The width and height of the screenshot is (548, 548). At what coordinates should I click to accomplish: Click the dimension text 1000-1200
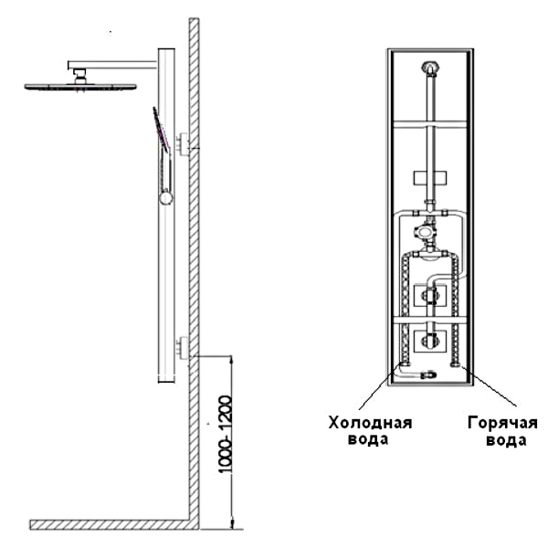225,435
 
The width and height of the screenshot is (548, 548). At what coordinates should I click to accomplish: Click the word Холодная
370,423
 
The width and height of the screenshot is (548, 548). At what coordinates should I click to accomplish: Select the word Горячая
502,423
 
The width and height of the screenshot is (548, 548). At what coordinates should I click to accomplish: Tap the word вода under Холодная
368,439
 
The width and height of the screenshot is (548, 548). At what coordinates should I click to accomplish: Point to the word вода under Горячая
506,440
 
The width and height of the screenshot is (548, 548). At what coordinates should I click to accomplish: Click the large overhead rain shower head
80,87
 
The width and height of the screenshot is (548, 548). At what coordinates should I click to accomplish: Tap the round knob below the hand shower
165,198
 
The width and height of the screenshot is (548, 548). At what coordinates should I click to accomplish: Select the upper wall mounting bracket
184,143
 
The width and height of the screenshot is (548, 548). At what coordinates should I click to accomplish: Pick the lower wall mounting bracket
184,348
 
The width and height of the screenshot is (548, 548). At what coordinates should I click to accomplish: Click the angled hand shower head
161,129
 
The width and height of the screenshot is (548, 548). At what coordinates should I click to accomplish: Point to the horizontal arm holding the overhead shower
112,65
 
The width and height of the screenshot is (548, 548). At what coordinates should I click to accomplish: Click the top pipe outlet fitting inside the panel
430,68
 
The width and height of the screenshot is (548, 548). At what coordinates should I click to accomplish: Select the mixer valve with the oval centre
425,231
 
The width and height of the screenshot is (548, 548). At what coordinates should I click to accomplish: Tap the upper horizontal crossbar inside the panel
430,124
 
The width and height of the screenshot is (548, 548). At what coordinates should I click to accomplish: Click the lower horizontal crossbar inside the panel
430,320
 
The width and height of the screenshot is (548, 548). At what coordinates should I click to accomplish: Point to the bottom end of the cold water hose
406,364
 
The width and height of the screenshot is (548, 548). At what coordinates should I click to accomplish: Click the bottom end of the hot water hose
455,364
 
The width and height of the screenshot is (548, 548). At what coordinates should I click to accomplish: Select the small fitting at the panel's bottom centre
429,375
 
